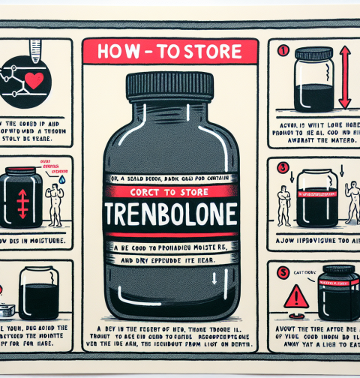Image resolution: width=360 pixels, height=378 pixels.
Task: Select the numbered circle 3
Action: [x=282, y=166]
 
